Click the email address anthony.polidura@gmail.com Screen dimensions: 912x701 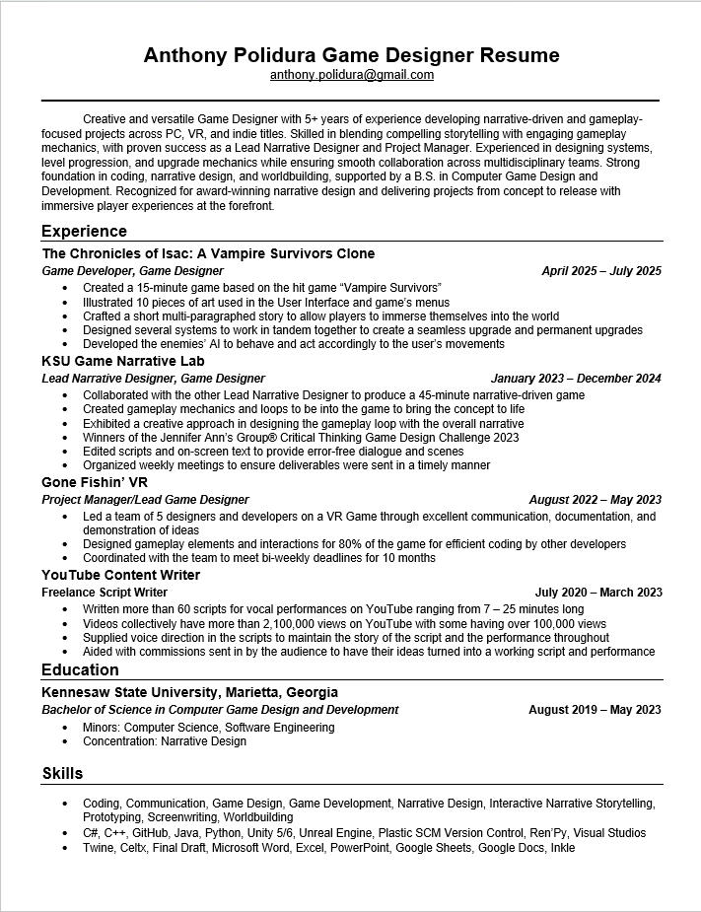point(351,75)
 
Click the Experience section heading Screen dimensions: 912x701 point(84,231)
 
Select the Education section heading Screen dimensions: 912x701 point(80,670)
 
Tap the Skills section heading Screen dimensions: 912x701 point(62,773)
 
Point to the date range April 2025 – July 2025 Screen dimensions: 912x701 point(601,271)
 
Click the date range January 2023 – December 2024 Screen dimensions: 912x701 point(576,379)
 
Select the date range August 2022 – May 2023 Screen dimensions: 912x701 point(595,500)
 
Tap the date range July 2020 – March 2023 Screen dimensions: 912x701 point(598,593)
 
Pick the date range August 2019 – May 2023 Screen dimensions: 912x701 point(595,710)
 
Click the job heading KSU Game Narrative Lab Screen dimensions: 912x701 point(123,362)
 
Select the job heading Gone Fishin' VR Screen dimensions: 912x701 point(95,482)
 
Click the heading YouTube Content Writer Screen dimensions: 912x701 point(120,575)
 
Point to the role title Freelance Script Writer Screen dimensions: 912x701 point(105,593)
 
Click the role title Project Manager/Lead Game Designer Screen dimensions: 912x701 point(145,500)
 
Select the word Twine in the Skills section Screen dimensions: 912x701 point(98,848)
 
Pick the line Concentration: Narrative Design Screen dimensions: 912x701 point(165,741)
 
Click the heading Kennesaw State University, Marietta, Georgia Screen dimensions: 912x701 point(189,692)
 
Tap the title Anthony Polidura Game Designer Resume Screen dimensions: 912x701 point(351,55)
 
